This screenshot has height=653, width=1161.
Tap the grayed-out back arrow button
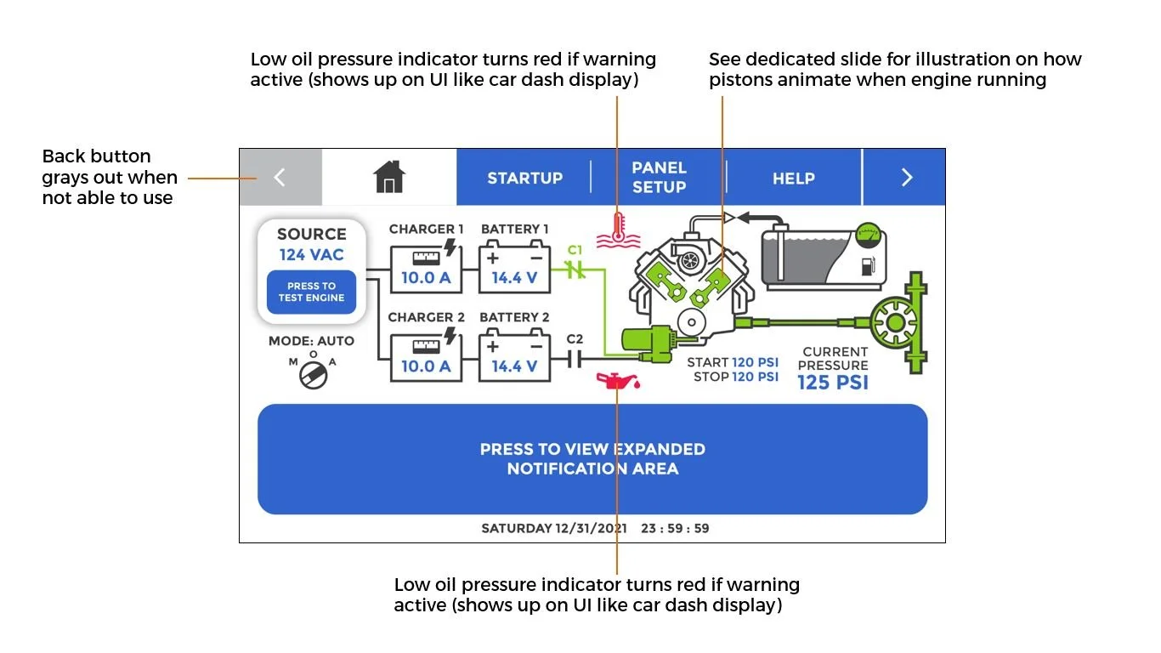[280, 178]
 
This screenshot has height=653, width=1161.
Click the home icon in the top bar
[389, 177]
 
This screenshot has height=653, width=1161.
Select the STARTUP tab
[524, 178]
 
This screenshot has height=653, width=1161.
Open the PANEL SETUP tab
[659, 177]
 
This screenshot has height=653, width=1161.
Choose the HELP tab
[793, 178]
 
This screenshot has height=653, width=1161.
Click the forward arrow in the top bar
[906, 177]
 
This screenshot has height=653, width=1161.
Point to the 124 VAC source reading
[311, 254]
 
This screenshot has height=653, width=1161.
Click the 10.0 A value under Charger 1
[426, 277]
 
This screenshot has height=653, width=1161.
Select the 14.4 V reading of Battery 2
[514, 366]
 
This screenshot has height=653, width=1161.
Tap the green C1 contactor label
[575, 250]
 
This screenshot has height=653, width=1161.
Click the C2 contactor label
[575, 339]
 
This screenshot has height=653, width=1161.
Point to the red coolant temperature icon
[616, 230]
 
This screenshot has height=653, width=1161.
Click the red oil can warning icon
[618, 379]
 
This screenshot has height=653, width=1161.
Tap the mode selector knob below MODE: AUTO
[313, 373]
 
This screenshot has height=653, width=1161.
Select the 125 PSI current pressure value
[833, 383]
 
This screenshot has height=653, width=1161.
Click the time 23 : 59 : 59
[675, 528]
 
